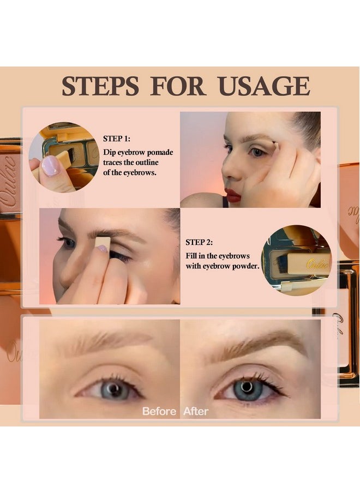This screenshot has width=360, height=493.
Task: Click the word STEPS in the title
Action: coord(99,86)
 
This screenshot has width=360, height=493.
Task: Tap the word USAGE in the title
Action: coord(263,86)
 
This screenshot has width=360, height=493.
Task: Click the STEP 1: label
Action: coord(117,139)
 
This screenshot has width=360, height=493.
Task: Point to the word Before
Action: coord(159,411)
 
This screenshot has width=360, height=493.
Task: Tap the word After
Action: coord(196,411)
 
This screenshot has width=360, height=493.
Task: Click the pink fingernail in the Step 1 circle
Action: coord(51,166)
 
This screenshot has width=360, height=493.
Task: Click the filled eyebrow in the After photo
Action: coord(256,344)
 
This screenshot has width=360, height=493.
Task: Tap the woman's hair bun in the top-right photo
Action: coord(308,128)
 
